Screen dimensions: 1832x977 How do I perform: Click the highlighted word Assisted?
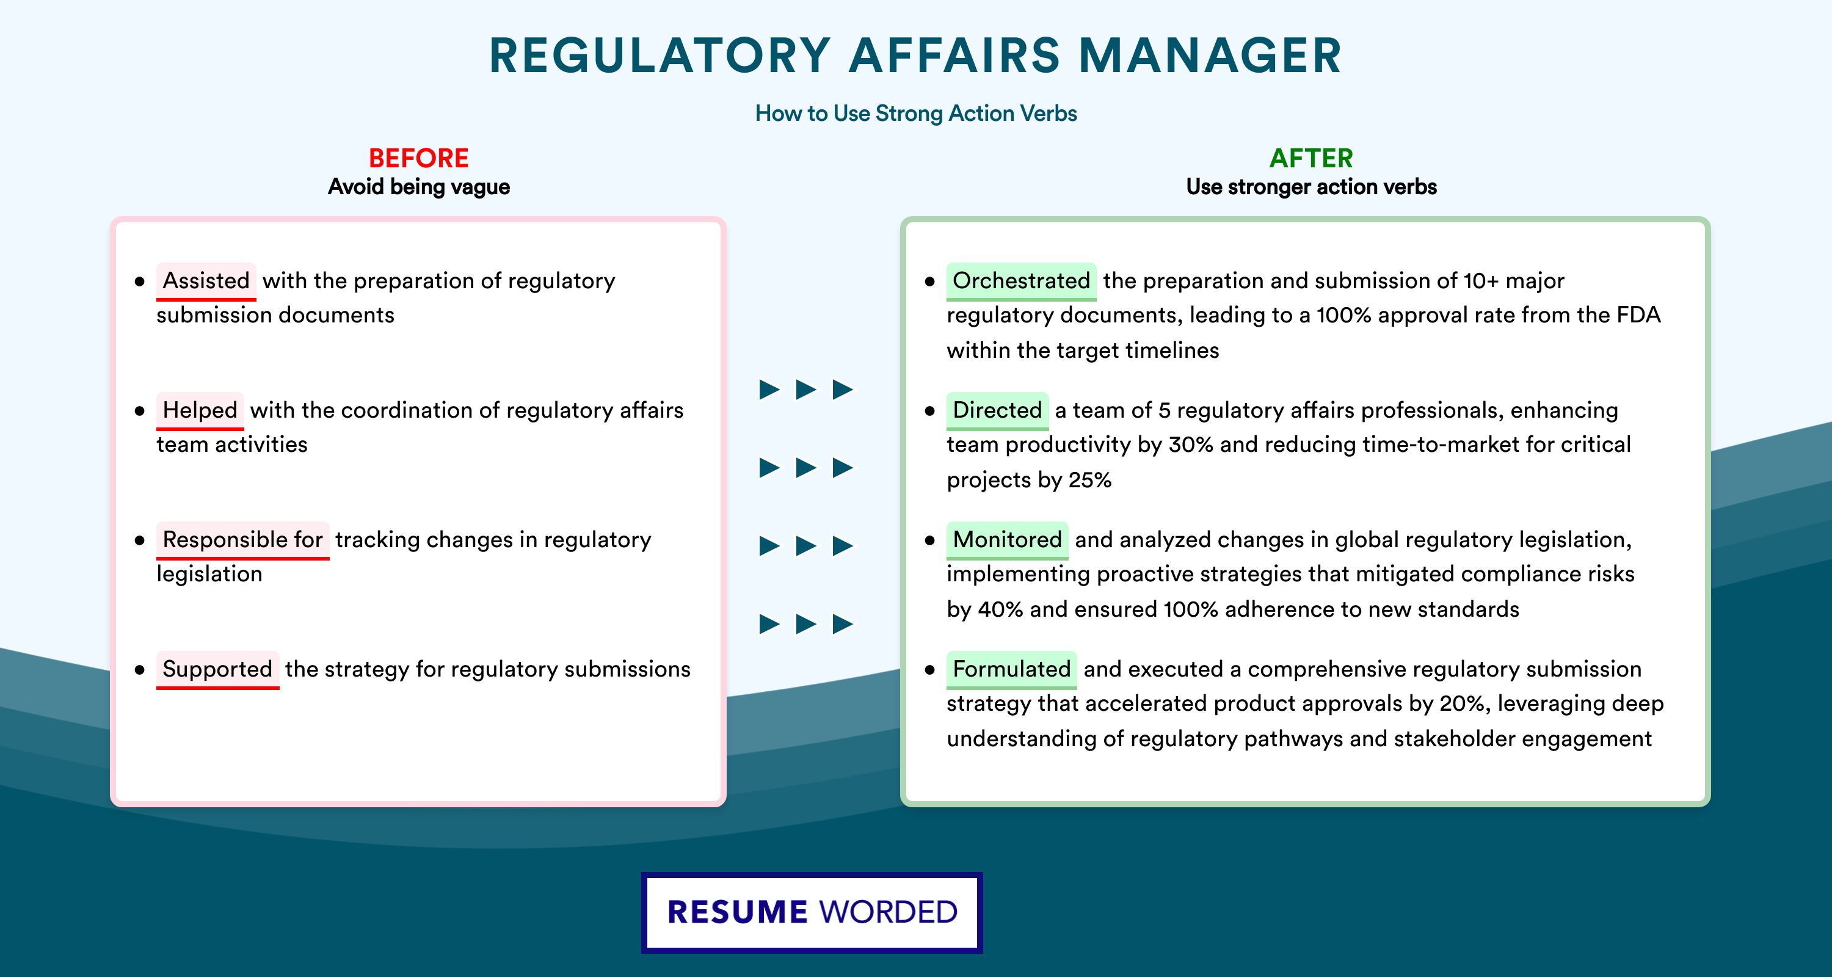206,281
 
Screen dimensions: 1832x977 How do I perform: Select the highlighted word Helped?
200,410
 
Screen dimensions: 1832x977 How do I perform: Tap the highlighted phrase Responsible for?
242,540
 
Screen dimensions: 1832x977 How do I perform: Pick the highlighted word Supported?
217,669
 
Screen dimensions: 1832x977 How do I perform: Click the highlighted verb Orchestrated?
1021,281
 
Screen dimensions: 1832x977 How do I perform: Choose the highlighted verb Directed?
997,410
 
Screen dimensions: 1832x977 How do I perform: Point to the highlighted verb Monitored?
1007,540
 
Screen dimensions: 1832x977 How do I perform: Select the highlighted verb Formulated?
1011,669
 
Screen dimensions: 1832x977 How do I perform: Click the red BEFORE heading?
419,158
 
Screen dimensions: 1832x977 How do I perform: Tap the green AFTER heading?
1312,158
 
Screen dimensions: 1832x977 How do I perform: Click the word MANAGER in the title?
1210,56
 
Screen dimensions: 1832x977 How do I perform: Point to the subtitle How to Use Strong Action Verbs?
916,113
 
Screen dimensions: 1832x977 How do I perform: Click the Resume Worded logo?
812,912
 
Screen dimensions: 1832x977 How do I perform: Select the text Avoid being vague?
419,187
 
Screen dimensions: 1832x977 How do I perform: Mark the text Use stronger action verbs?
1312,187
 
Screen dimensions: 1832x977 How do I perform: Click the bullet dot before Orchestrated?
929,281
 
